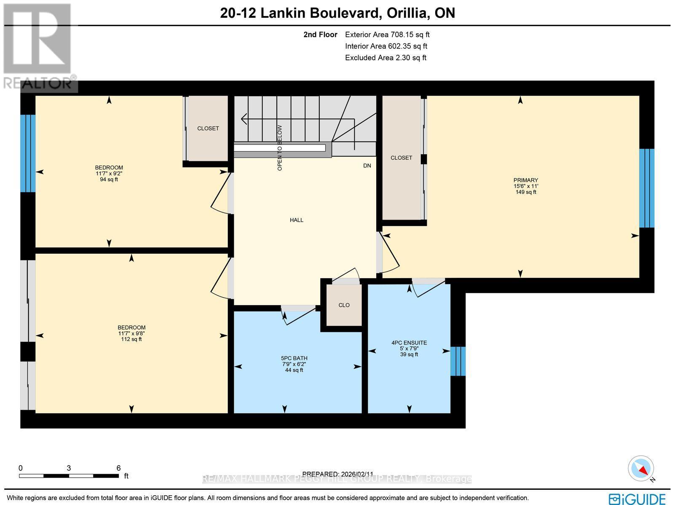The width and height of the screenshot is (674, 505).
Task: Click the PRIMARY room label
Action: point(525,180)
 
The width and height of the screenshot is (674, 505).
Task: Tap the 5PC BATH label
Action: point(294,358)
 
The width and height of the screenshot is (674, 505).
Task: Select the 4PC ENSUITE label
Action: point(409,343)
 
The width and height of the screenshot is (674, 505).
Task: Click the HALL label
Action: point(296,220)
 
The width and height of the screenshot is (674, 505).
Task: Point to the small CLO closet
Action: point(344,305)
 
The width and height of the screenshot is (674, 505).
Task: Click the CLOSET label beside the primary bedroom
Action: point(401,158)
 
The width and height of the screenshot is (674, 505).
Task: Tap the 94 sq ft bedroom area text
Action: point(109,180)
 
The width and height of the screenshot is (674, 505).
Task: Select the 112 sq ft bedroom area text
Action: point(131,339)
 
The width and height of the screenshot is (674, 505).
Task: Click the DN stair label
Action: point(367,166)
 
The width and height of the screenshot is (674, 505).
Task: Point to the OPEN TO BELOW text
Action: point(280,148)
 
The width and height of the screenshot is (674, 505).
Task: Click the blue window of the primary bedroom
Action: point(647,188)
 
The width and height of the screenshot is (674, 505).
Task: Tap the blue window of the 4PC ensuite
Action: point(458,361)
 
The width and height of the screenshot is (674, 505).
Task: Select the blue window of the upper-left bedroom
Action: point(28,153)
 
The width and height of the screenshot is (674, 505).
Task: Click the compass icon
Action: point(641,468)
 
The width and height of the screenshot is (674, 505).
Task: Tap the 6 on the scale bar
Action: point(118,468)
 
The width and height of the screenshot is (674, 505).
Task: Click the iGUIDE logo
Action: point(637,498)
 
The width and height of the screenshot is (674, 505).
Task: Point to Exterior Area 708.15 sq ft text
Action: point(387,35)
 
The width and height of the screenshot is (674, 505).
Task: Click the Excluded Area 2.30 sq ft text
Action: point(385,58)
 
